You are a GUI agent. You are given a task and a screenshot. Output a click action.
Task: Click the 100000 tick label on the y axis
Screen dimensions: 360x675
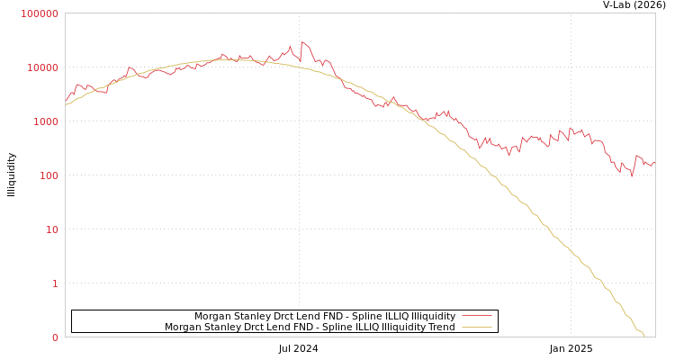[x=40, y=13]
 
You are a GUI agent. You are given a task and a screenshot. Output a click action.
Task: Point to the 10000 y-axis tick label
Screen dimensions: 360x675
[x=42, y=67]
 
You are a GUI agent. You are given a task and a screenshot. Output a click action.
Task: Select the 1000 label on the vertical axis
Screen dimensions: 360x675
[x=45, y=121]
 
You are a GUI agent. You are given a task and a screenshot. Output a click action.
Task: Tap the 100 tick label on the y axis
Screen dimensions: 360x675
[x=48, y=175]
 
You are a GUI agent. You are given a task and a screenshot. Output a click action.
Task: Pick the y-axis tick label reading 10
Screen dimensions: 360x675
[x=51, y=229]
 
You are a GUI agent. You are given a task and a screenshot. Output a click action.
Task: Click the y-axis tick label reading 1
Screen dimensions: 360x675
[x=55, y=283]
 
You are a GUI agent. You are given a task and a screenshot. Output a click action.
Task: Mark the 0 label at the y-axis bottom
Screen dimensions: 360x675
[x=55, y=337]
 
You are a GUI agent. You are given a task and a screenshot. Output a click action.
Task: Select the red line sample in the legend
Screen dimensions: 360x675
[x=476, y=316]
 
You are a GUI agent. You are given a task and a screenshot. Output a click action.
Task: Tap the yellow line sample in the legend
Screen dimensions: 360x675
[x=476, y=328]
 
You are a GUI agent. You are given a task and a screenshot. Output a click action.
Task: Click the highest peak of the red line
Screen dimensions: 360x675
[x=301, y=41]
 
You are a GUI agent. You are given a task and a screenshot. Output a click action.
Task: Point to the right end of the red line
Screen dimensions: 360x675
[x=654, y=162]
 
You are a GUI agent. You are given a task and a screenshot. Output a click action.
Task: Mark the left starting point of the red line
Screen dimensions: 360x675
[x=66, y=100]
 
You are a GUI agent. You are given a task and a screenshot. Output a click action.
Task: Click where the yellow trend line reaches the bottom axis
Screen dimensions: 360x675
[x=644, y=337]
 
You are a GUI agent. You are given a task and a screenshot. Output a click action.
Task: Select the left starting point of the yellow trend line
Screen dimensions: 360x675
[x=66, y=104]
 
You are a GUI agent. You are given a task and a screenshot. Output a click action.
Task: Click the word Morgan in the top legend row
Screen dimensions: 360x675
[x=212, y=317]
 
